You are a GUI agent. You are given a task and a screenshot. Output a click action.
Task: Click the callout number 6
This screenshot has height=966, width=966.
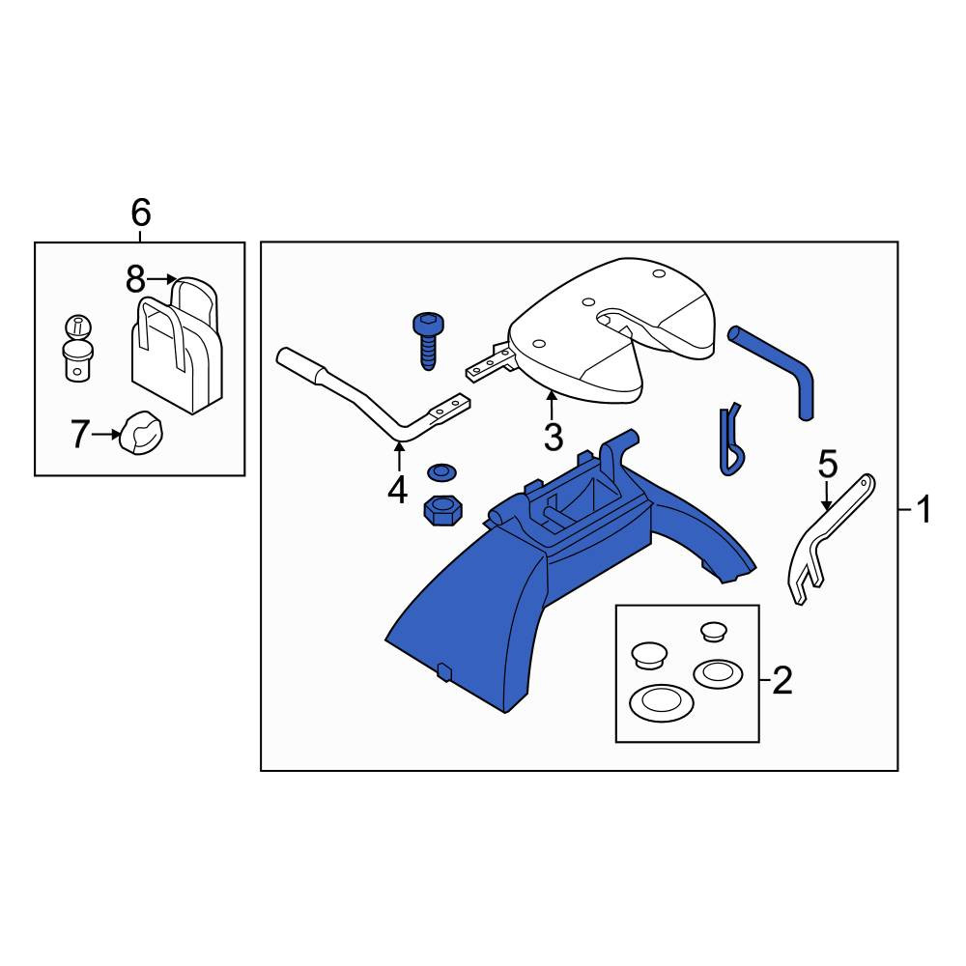[140, 213]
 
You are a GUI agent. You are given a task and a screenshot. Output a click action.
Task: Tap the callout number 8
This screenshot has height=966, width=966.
[135, 279]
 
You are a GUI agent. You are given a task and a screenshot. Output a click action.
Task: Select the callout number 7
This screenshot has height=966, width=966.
[80, 435]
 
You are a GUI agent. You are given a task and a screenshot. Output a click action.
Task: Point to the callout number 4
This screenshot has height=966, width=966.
[398, 491]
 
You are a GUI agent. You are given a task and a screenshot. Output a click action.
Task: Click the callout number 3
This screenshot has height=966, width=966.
[554, 438]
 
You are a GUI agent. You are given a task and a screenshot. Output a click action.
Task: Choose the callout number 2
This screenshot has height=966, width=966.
[782, 681]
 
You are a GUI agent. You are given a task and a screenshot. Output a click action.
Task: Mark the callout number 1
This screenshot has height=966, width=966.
[924, 510]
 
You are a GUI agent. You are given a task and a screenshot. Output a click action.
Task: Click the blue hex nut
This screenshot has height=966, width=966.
[443, 511]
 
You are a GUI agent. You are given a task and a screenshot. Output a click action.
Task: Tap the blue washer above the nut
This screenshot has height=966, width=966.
[441, 472]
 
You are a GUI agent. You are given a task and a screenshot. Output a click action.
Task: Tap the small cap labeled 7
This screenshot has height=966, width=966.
[142, 433]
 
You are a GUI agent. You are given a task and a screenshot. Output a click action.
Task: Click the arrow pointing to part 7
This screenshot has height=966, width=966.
[106, 435]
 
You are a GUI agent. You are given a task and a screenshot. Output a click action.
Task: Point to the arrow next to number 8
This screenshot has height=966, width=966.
[162, 279]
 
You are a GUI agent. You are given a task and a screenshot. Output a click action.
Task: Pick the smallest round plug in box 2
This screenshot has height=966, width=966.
[714, 632]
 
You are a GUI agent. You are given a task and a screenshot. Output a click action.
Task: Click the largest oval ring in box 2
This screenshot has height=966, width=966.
[661, 703]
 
